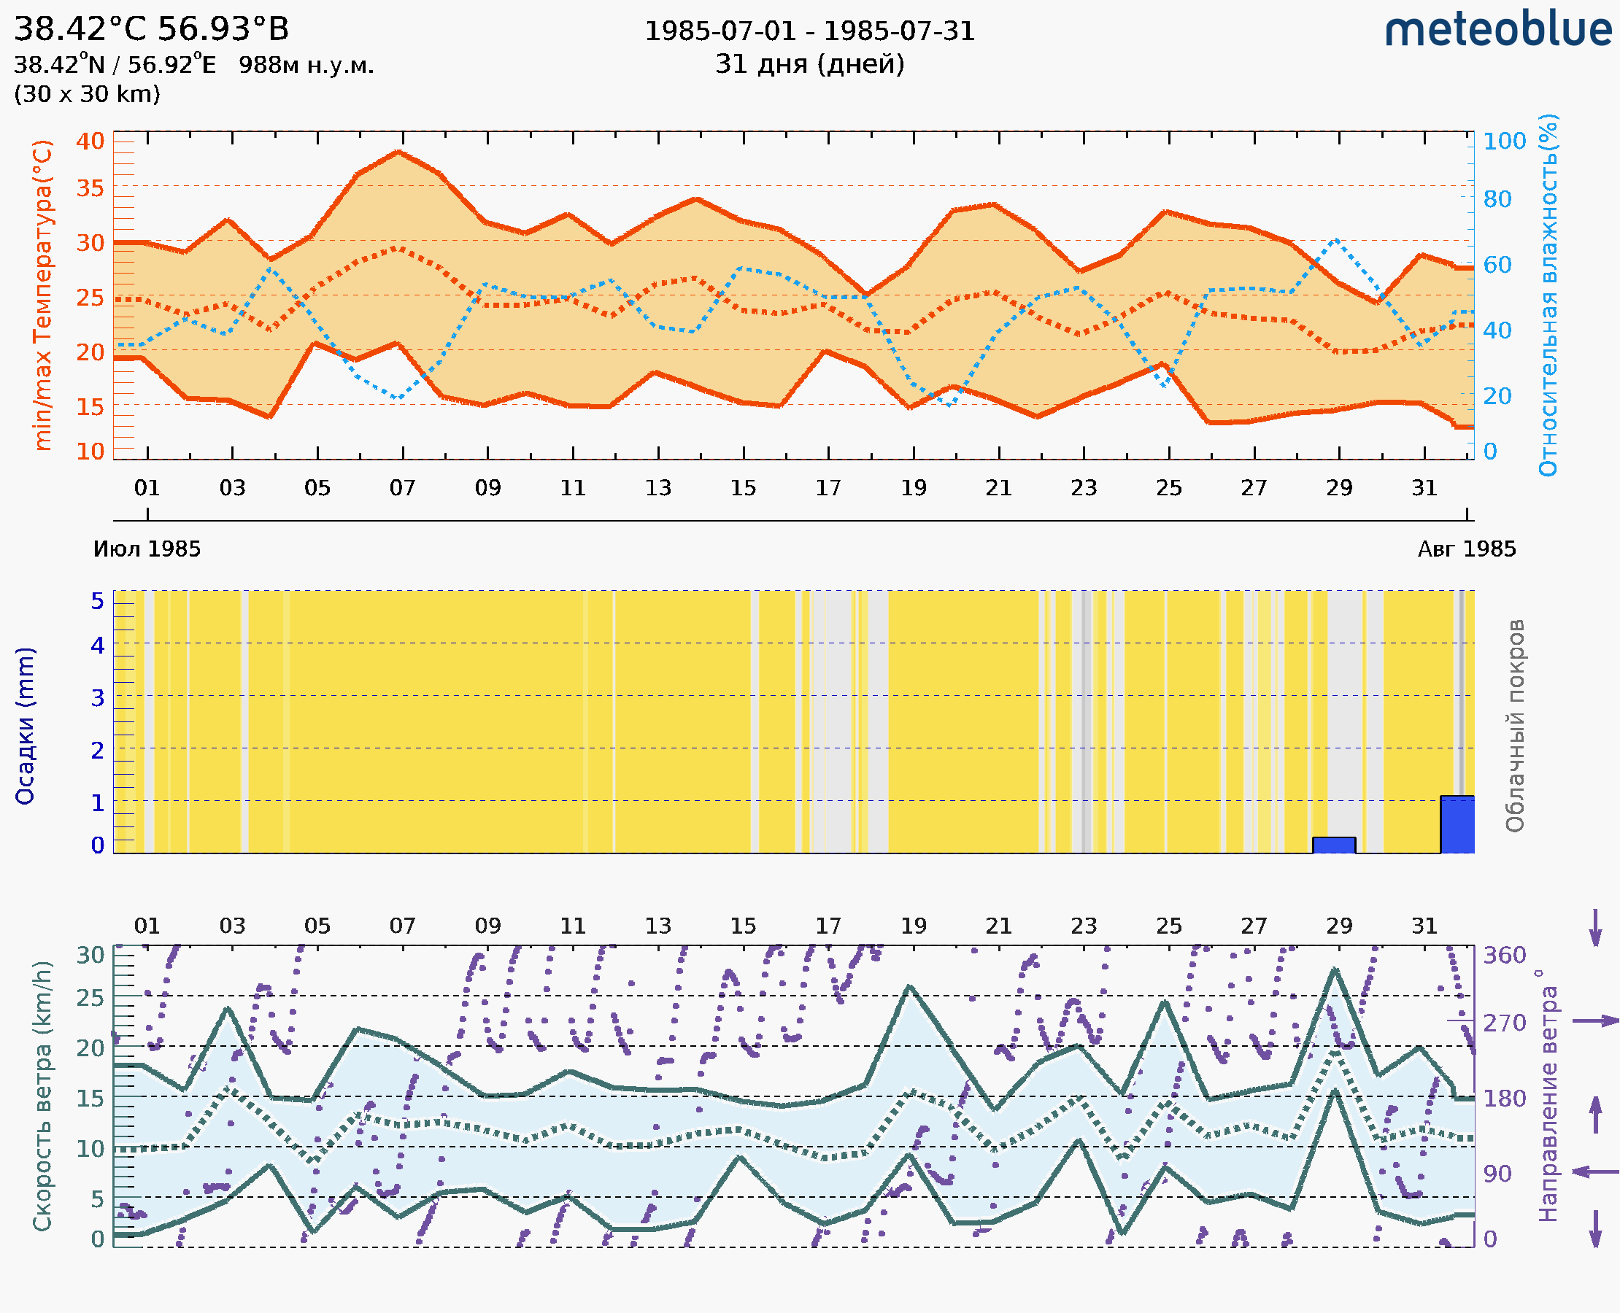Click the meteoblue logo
(1497, 30)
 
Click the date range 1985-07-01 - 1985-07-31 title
(809, 31)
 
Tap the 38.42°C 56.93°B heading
(151, 29)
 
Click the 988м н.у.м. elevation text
(306, 65)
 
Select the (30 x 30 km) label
(87, 94)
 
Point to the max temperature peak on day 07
(398, 152)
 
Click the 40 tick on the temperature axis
(90, 141)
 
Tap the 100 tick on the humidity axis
(1503, 141)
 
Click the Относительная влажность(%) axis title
(1548, 295)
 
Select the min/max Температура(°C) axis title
(43, 295)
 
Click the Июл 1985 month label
(147, 549)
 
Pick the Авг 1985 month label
(1467, 549)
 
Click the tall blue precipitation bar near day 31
(1457, 824)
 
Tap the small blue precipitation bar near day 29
(1333, 845)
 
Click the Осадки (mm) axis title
(25, 726)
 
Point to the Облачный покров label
(1514, 726)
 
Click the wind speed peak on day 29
(1335, 969)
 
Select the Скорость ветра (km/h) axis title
(42, 1096)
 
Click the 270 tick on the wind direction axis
(1503, 1023)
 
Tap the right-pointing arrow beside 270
(1595, 1021)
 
